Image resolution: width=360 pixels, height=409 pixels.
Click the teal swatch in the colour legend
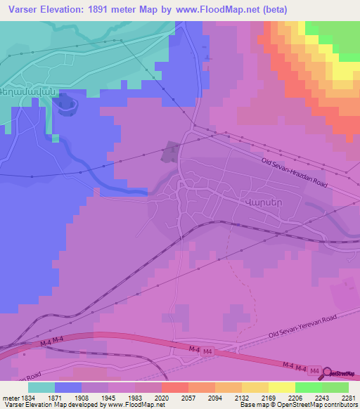(41, 387)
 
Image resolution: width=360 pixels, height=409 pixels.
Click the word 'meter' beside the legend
(7, 398)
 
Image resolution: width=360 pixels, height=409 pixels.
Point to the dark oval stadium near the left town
(66, 105)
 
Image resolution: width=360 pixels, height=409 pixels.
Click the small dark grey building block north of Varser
(171, 151)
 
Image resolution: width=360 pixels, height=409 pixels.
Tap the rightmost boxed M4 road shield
(314, 370)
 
